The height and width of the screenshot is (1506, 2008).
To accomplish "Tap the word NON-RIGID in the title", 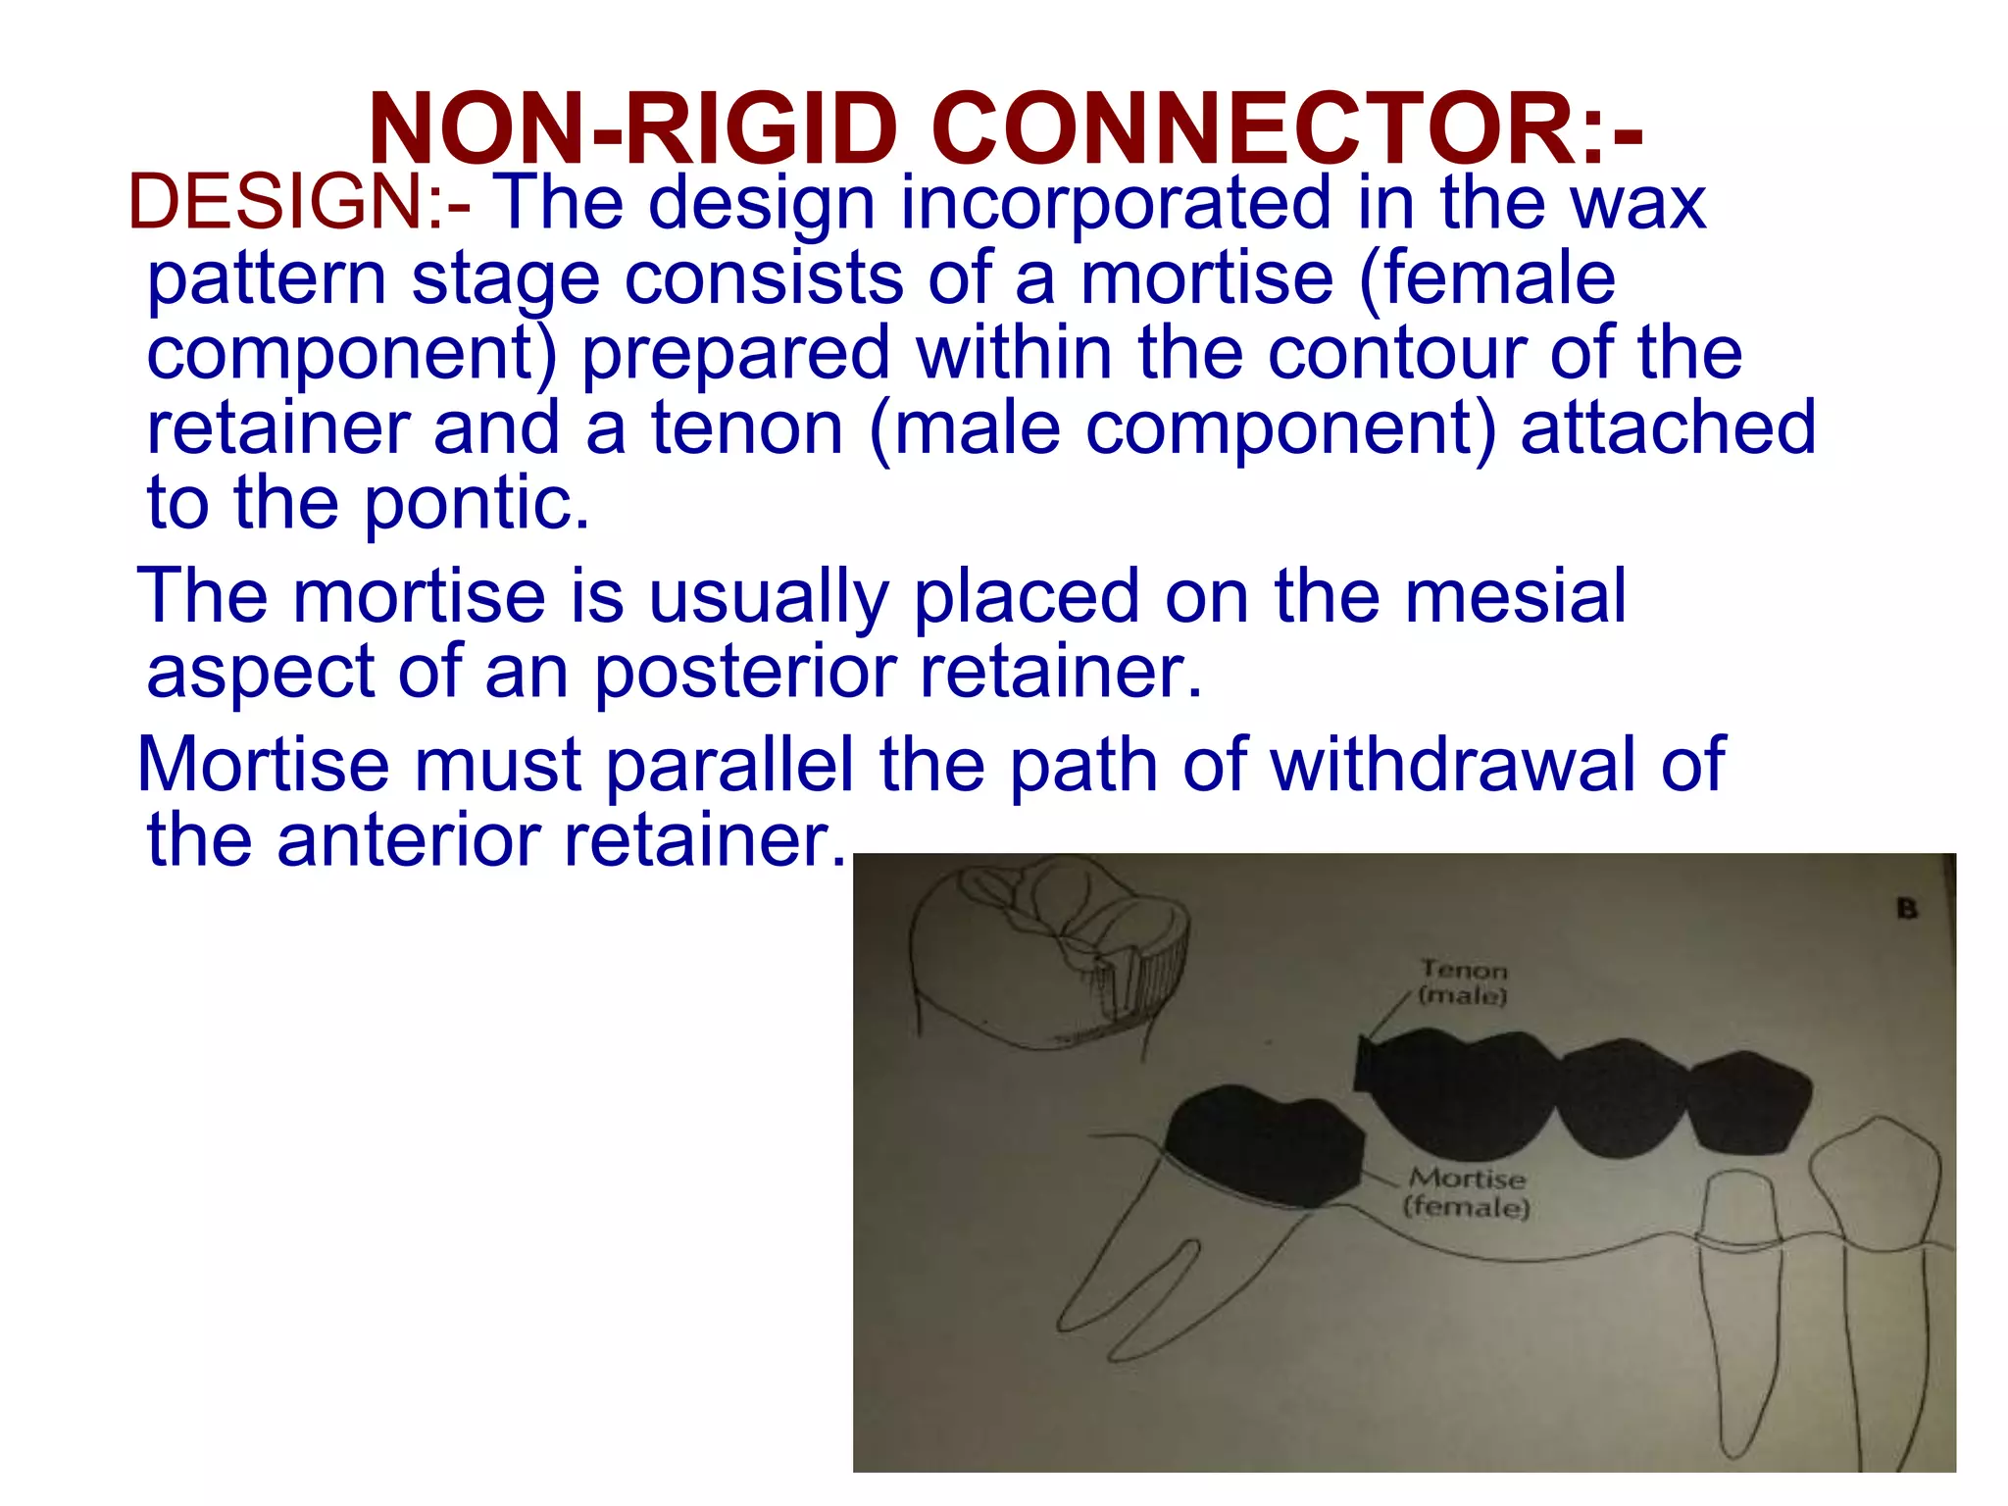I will tap(632, 128).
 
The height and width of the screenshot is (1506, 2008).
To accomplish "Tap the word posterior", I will tap(745, 672).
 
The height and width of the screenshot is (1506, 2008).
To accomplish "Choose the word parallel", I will tap(730, 764).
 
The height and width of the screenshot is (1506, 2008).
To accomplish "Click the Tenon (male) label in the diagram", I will tap(1464, 982).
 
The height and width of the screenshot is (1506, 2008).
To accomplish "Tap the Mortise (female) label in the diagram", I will tap(1467, 1191).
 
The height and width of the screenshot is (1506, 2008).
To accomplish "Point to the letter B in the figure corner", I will tap(1907, 909).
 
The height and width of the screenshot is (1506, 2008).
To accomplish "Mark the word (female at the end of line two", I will tap(1486, 278).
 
